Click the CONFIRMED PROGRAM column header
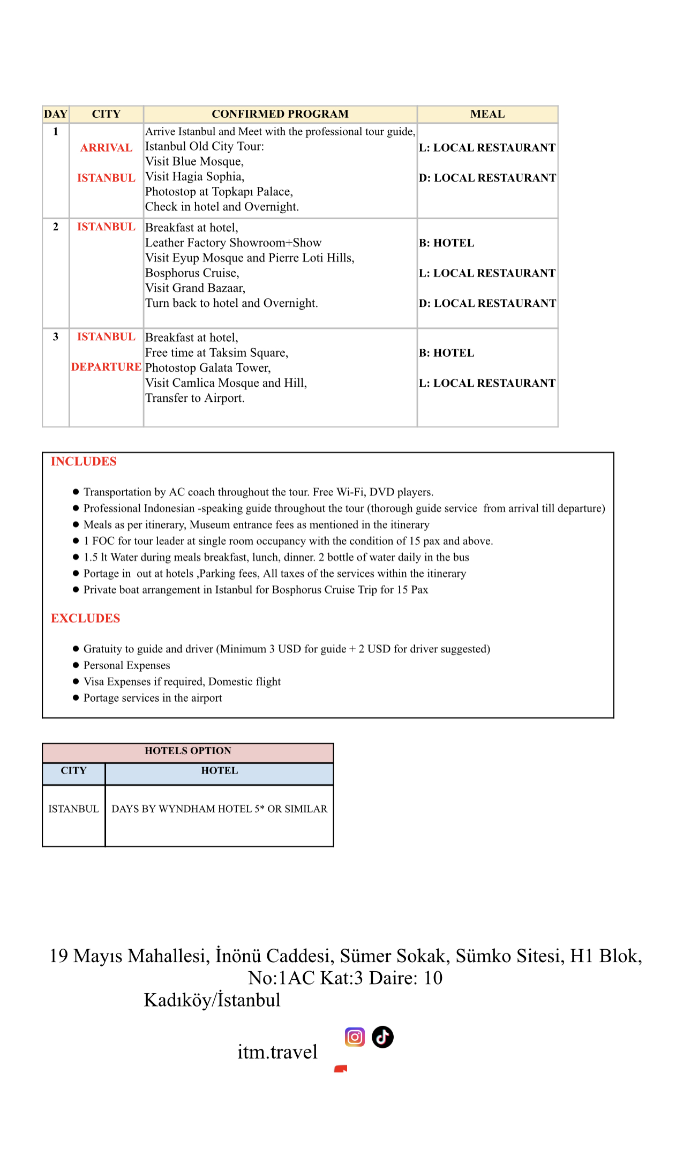280,114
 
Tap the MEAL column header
487,114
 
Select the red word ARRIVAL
106,148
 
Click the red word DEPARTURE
106,367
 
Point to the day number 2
56,227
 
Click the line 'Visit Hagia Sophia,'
194,177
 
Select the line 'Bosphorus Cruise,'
192,273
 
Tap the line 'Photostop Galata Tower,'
208,368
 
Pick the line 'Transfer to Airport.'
194,398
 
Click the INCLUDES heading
84,462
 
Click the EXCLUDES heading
85,619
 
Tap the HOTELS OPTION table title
187,751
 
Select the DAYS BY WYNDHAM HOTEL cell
219,809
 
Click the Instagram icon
355,1037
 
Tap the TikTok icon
382,1037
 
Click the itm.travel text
277,1052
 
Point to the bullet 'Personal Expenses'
126,665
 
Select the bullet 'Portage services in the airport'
152,698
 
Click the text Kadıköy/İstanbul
212,1000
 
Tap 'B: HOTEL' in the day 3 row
446,353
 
